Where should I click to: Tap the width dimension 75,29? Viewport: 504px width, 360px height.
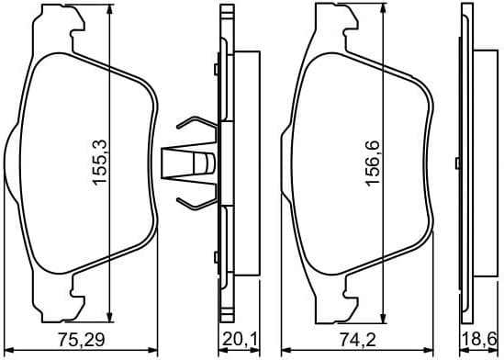[83, 340]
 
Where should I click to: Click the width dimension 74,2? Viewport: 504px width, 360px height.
[355, 340]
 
